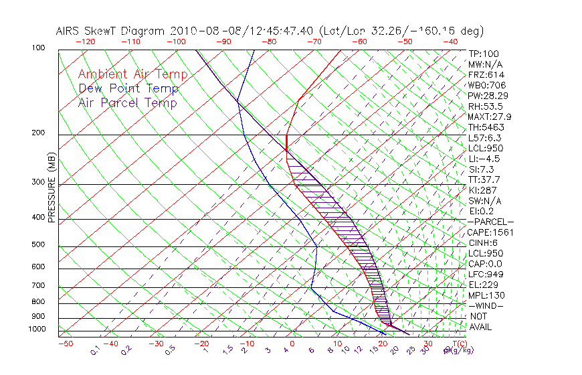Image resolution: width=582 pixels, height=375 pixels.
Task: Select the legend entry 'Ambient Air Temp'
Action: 132,74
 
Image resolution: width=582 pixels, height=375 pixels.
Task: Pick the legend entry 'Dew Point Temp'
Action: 128,88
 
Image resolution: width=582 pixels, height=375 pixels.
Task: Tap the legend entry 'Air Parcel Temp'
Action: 128,102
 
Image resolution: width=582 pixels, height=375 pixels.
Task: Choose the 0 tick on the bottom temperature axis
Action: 292,344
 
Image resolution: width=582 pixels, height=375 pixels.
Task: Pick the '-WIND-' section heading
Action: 486,305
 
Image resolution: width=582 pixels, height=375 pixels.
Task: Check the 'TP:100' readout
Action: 484,54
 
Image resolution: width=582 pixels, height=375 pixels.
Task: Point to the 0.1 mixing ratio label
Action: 95,350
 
